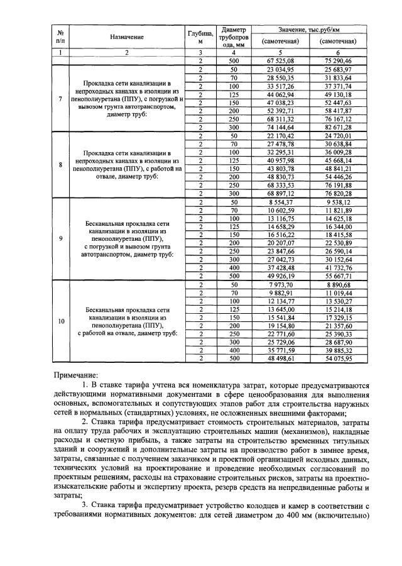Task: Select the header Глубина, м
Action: tap(200, 37)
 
